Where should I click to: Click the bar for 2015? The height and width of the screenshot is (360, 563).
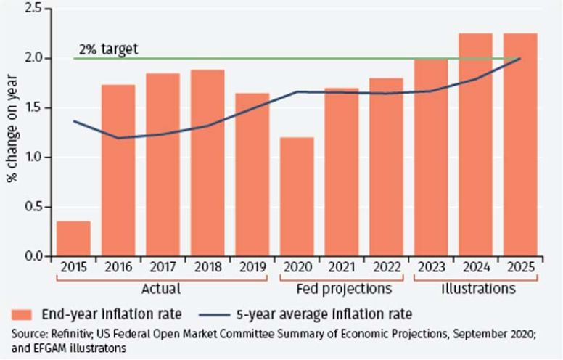click(x=73, y=239)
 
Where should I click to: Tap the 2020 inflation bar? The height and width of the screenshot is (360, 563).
click(x=296, y=197)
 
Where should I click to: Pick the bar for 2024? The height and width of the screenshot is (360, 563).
click(x=475, y=145)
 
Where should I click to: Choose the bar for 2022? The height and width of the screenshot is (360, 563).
click(x=386, y=167)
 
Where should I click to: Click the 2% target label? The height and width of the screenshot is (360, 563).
click(x=108, y=50)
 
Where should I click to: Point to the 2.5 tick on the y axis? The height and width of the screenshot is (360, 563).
click(x=32, y=8)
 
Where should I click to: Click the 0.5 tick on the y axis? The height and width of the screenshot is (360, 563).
click(x=32, y=207)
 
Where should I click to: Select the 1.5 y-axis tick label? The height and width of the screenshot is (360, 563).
click(x=32, y=107)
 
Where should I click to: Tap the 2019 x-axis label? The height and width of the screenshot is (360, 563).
click(x=252, y=267)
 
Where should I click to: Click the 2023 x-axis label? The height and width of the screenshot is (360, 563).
click(x=430, y=267)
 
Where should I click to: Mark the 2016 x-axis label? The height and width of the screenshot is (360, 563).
click(x=118, y=267)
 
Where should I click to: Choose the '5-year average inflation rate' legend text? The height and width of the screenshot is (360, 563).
click(x=325, y=314)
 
